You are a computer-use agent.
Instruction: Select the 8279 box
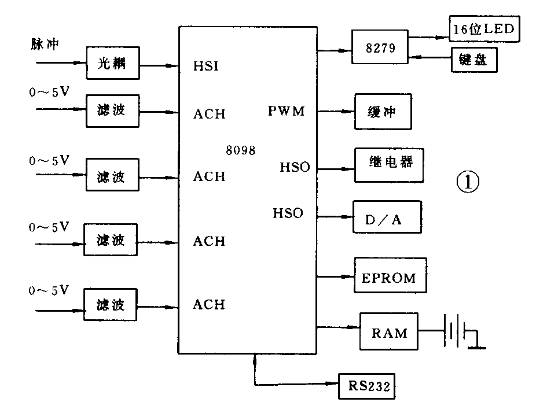380,49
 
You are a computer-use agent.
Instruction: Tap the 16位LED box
484,28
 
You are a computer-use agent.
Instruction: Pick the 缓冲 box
383,111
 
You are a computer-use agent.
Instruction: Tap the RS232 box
366,385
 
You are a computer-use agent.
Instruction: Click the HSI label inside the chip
207,67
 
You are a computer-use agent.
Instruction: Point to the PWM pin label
286,111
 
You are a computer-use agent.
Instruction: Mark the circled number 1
468,183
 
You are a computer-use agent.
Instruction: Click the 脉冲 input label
45,44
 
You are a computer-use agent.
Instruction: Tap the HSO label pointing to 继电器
295,167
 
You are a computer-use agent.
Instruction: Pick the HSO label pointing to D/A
288,213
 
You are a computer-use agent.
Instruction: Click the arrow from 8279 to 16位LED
428,35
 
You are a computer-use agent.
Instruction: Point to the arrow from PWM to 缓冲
336,111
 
